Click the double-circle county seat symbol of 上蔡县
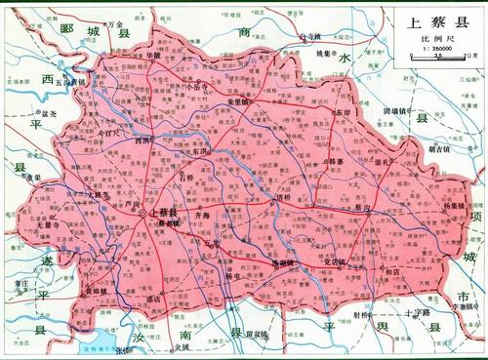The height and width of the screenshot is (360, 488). pyautogui.click(x=142, y=213)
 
